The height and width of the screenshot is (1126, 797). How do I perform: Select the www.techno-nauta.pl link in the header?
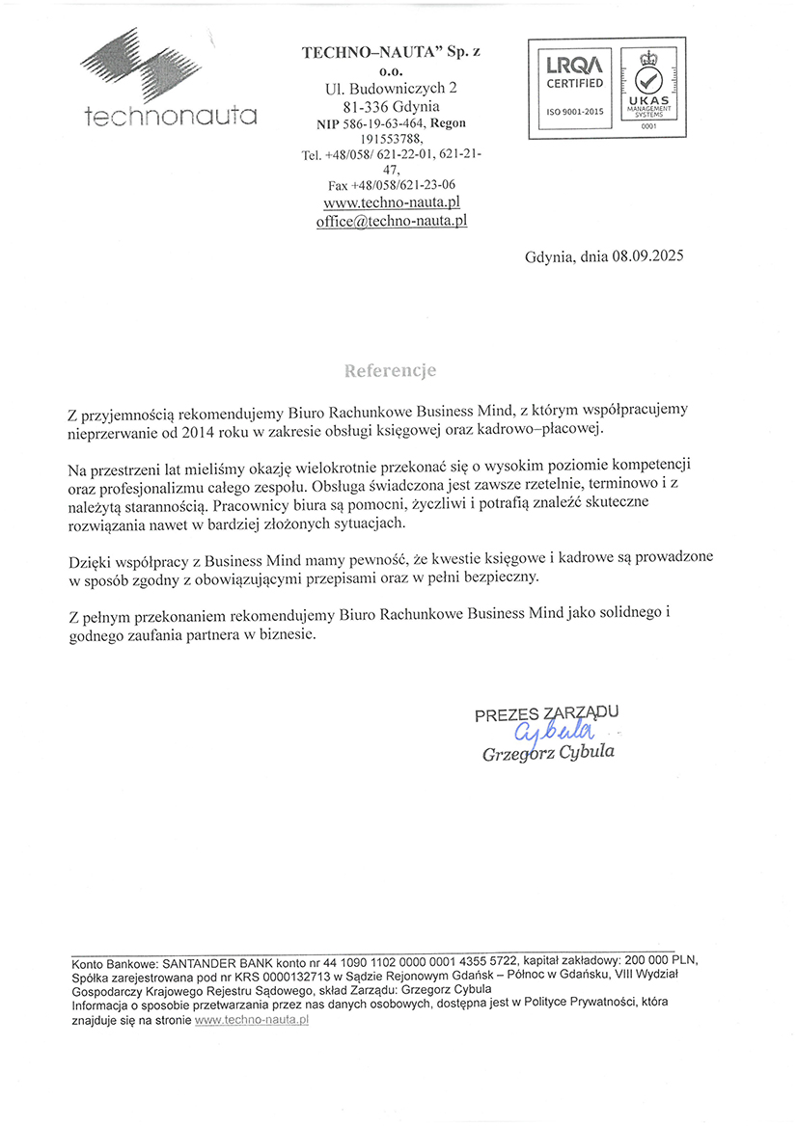point(391,202)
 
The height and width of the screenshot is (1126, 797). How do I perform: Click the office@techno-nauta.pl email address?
point(391,221)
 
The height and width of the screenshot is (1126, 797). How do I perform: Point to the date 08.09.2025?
point(646,257)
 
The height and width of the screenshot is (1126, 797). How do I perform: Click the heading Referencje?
point(391,370)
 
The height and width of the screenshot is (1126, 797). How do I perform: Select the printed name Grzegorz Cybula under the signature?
point(548,753)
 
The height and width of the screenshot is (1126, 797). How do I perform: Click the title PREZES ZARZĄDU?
point(546,713)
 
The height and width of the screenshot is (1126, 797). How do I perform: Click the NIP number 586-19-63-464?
point(386,123)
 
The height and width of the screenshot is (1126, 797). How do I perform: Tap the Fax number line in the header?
point(391,185)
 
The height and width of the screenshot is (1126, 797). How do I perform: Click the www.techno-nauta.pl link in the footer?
point(251,1020)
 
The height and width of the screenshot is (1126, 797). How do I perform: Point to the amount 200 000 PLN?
point(657,962)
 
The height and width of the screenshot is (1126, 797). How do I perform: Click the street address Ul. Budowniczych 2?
point(391,89)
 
